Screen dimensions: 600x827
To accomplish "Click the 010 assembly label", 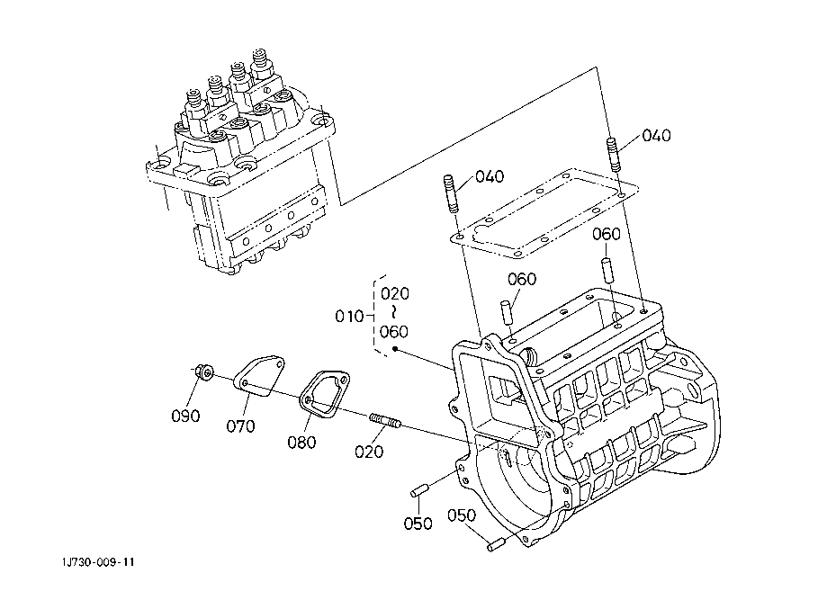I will coord(348,317).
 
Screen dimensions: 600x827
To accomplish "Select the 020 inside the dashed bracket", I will coord(394,293).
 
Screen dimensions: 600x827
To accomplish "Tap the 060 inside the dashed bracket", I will coord(394,331).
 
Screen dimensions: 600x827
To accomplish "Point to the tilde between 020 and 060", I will coord(393,312).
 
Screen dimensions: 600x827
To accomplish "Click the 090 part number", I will coord(185,416).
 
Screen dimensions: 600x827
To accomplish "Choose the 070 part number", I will coord(240,425).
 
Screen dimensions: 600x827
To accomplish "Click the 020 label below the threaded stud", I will coord(369,452).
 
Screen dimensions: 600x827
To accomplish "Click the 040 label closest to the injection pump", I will coord(490,176).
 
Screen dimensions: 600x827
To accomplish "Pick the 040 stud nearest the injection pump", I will coord(451,195).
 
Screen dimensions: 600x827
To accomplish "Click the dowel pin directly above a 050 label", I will coord(418,491).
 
